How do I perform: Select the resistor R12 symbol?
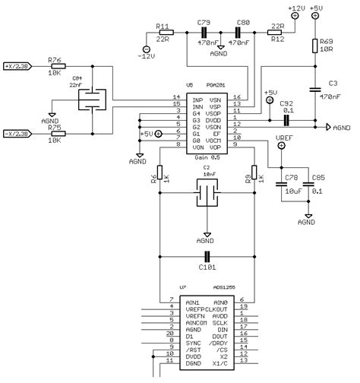tap(279, 33)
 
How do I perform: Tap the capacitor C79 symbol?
tap(204, 33)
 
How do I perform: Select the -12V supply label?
tap(147, 55)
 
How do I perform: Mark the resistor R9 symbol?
tap(254, 179)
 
